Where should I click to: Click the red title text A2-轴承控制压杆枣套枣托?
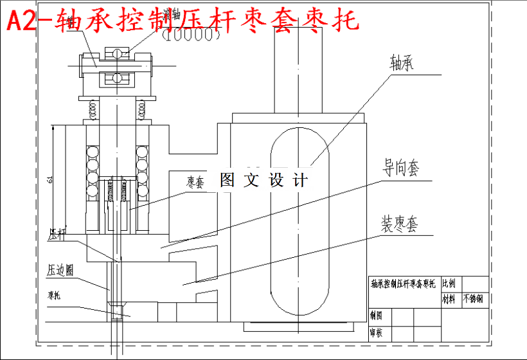click(183, 22)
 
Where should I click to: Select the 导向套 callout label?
click(402, 169)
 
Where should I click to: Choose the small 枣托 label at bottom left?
click(54, 296)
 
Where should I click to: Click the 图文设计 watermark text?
click(263, 181)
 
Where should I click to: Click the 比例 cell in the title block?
click(449, 283)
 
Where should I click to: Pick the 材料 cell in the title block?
click(449, 300)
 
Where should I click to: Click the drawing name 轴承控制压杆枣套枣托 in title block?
click(402, 283)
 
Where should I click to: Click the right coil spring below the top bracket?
click(142, 107)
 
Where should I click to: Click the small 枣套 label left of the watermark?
click(196, 183)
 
